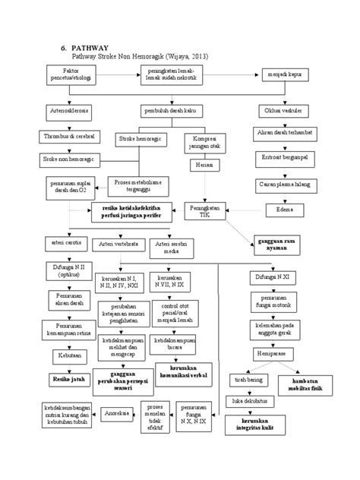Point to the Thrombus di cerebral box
pos(68,137)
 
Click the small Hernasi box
pos(200,165)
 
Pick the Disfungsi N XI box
pos(274,276)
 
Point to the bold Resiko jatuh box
pos(66,377)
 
